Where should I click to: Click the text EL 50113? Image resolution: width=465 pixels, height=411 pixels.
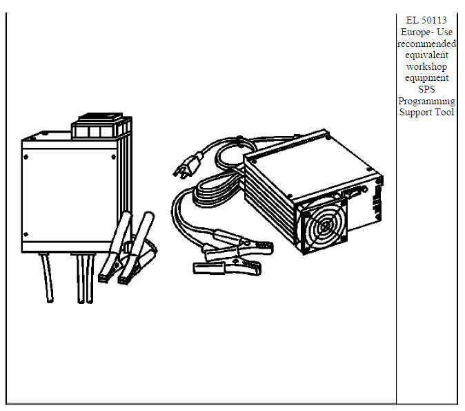click(x=426, y=20)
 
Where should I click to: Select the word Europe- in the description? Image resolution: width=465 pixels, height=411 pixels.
click(x=415, y=32)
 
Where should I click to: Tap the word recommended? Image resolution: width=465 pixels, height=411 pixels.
click(x=426, y=44)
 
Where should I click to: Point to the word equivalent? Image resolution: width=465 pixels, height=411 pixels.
click(x=426, y=55)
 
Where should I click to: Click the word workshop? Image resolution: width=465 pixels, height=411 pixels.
click(x=426, y=66)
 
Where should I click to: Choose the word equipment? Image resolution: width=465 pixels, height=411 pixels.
click(x=426, y=78)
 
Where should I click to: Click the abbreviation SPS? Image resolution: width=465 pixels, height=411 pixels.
click(x=426, y=89)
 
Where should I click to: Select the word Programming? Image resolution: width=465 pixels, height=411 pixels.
click(x=426, y=101)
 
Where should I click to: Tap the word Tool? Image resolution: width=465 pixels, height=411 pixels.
click(x=444, y=112)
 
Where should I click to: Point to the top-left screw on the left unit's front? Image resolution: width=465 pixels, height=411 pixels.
click(x=26, y=157)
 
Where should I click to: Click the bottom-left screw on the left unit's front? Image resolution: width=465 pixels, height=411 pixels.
click(x=26, y=234)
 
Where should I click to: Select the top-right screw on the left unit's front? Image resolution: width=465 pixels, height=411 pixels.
click(x=112, y=157)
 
